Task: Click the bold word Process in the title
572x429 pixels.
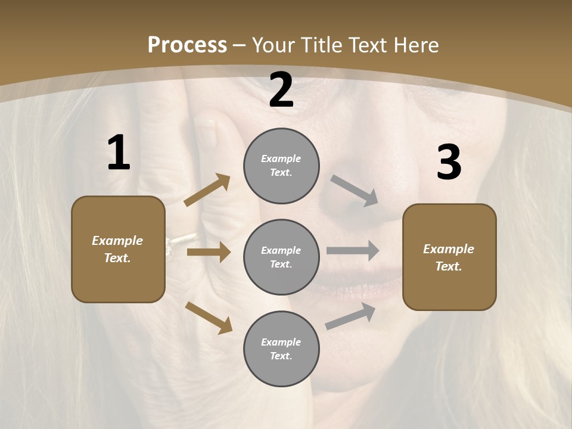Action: point(187,45)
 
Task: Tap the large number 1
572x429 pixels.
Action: point(119,153)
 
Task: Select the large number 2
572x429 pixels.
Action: point(281,91)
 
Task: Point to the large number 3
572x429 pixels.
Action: point(449,163)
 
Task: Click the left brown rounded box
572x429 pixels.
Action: point(118,249)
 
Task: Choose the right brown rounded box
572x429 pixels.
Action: point(449,257)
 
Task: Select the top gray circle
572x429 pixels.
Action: point(281,166)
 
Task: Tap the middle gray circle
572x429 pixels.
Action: point(281,257)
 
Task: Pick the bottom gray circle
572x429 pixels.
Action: point(281,349)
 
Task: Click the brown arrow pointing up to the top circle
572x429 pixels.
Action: point(207,190)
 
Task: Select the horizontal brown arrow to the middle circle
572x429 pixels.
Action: point(208,252)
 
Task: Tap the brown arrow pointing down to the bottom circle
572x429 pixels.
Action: point(209,318)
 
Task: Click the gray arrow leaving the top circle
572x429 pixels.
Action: point(355,191)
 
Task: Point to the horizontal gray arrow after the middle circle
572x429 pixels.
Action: point(353,250)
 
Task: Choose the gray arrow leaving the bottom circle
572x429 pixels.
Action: point(350,316)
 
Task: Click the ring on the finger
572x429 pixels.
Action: point(174,245)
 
